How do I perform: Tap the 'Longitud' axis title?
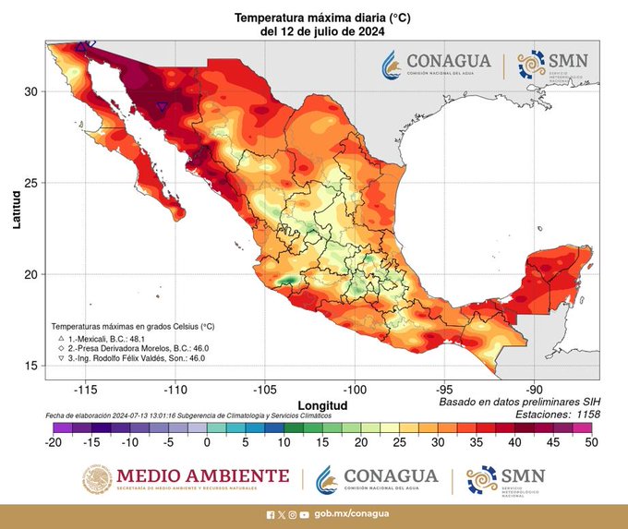322,405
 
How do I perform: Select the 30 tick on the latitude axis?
31,91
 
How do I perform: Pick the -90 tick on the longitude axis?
535,390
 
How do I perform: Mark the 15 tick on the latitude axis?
31,366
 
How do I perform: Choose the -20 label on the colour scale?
54,443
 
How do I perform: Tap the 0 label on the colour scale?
208,443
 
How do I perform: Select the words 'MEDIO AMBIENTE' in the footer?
202,475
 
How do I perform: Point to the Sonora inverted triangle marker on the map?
163,107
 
